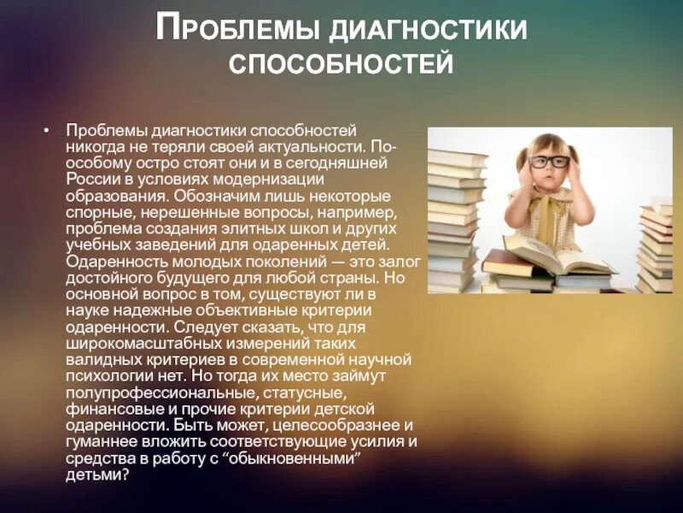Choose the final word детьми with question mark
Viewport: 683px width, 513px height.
point(96,474)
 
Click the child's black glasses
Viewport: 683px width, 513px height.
point(548,160)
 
